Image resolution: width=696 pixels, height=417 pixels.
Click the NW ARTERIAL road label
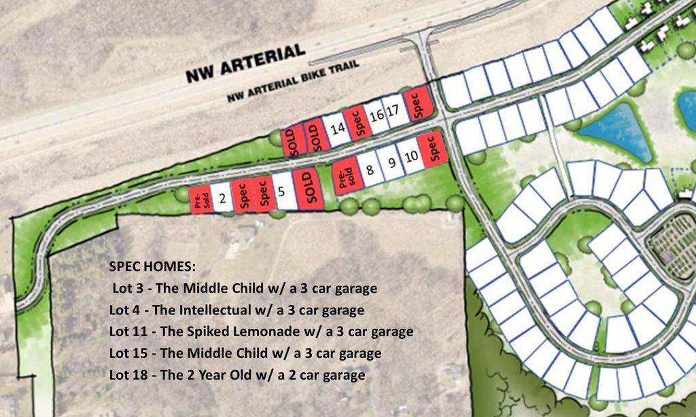[x=245, y=64]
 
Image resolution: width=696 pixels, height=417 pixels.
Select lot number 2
[x=222, y=198]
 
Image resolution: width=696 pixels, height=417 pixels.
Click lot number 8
[x=369, y=170]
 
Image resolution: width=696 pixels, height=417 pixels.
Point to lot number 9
[x=391, y=164]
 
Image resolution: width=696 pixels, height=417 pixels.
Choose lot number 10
[x=411, y=158]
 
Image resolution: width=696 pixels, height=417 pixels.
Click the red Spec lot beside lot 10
[x=431, y=149]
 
